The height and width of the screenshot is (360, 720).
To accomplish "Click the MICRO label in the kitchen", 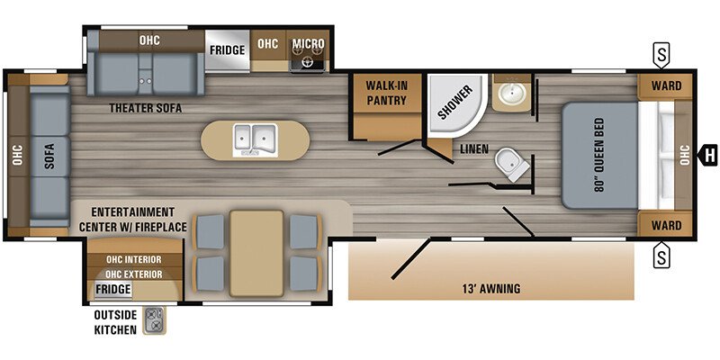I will click(x=307, y=42).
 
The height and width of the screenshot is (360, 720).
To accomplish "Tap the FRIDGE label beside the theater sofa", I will click(x=228, y=50).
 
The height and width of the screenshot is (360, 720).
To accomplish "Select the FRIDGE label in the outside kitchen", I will click(x=113, y=289).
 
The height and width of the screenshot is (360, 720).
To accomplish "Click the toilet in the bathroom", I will click(x=509, y=165).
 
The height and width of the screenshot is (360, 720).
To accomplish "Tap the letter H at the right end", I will click(x=709, y=154).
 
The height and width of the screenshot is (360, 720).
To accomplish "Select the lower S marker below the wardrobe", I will click(x=662, y=256).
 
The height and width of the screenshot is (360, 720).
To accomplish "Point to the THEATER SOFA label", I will click(x=146, y=108).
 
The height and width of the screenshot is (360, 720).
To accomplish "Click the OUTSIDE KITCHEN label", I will click(x=114, y=322).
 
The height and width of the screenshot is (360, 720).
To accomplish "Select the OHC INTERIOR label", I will click(x=133, y=260).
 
